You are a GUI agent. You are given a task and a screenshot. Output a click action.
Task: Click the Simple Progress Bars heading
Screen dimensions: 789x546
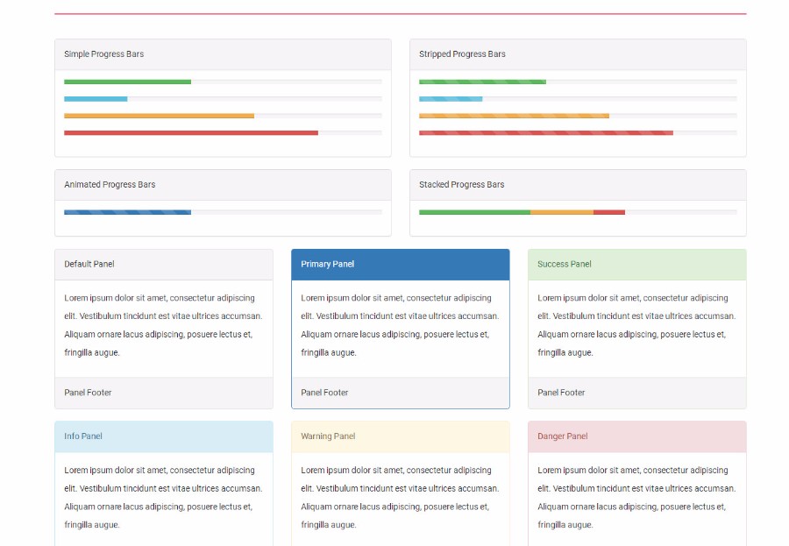tap(103, 53)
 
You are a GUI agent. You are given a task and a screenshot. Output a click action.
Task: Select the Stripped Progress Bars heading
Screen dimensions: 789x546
tap(462, 53)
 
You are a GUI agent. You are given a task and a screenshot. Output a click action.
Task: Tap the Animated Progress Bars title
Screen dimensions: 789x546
tap(110, 185)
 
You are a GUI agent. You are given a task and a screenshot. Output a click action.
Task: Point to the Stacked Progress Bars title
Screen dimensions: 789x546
tap(461, 185)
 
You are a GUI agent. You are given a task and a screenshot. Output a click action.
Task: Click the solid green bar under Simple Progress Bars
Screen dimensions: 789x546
tap(127, 82)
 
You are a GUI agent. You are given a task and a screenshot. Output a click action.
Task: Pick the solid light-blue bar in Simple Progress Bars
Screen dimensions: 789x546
tap(96, 99)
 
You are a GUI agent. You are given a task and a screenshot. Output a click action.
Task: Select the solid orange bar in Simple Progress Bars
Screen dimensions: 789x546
tap(159, 116)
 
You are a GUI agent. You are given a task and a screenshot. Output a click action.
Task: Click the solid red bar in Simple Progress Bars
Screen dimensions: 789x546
tap(191, 133)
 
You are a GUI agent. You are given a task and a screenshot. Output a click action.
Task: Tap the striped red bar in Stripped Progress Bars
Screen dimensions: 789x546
tap(546, 133)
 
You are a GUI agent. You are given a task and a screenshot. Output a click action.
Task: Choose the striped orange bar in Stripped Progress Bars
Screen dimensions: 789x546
tap(515, 116)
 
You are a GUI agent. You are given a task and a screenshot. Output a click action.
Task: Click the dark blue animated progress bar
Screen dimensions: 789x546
tap(127, 212)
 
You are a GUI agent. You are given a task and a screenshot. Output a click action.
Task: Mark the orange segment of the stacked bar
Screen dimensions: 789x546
tap(562, 212)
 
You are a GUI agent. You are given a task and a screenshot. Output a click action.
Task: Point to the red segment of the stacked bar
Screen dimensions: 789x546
tap(609, 212)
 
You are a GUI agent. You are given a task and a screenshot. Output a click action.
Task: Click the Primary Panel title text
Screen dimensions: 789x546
tap(328, 264)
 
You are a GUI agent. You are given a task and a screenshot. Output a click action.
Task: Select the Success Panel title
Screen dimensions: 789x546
tap(564, 264)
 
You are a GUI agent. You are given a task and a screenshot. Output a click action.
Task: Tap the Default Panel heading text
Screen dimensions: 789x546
tap(89, 264)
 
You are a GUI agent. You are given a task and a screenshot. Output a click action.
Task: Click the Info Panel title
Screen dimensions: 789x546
tap(83, 436)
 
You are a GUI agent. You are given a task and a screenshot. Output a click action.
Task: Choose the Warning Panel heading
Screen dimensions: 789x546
tap(328, 436)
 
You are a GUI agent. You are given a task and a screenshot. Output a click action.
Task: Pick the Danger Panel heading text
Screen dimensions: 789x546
tap(563, 436)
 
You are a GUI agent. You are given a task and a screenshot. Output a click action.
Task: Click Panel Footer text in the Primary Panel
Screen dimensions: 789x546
tap(324, 393)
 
